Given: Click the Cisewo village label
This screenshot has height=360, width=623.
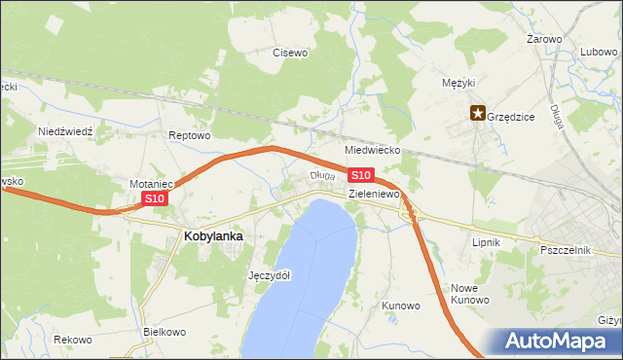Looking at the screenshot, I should click(290, 53).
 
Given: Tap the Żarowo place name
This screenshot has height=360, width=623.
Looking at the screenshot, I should click(544, 39).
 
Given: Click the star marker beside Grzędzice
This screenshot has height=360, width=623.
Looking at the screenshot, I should click(478, 113).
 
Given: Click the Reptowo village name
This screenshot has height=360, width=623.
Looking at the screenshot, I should click(189, 135).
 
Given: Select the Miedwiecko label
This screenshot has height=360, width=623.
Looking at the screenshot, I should click(374, 151).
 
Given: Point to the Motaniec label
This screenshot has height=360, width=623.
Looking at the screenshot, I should click(151, 183).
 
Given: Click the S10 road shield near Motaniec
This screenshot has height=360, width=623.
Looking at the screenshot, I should click(156, 198).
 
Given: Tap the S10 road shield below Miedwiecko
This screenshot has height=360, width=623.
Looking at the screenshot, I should click(360, 175).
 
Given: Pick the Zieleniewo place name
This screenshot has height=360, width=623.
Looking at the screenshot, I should click(375, 194).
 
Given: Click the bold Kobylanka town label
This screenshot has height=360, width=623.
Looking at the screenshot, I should click(213, 235).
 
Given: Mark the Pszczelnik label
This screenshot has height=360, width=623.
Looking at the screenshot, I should click(566, 250).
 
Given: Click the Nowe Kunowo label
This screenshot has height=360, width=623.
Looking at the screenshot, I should click(469, 294).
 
